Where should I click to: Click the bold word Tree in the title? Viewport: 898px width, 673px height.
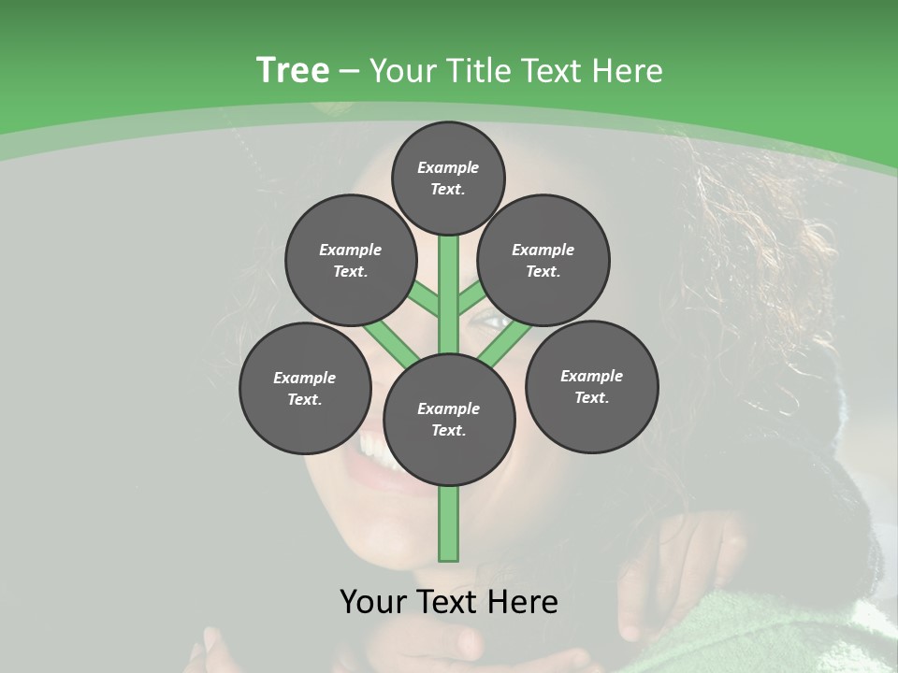pos(293,71)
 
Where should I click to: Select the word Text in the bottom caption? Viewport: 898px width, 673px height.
pos(449,602)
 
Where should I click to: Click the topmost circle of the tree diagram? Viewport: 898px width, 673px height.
pos(448,178)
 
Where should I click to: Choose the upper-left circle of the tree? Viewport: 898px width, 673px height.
pos(351,260)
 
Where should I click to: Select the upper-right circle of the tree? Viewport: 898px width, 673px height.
pos(543,260)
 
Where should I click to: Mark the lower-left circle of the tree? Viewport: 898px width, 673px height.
pos(305,388)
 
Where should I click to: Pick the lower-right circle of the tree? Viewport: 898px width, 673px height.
pos(591,386)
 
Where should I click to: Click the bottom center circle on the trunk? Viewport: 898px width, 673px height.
pos(449,419)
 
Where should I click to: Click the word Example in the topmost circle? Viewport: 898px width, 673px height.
pos(448,167)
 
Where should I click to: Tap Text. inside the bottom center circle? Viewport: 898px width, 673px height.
pos(449,430)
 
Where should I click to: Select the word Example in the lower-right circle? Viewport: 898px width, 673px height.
pos(591,376)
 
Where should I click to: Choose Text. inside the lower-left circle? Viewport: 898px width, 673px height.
pos(305,399)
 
